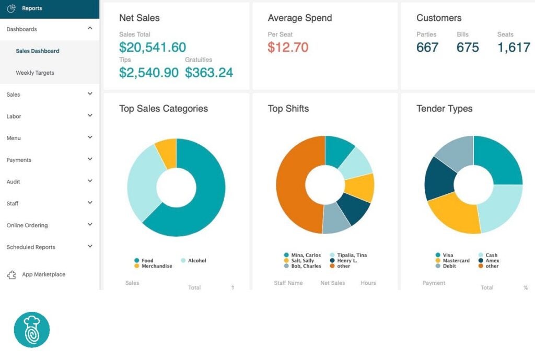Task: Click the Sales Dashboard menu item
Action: pyautogui.click(x=38, y=51)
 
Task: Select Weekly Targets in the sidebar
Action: pyautogui.click(x=35, y=73)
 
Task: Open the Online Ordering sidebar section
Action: pyautogui.click(x=27, y=225)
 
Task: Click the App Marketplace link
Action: pyautogui.click(x=43, y=274)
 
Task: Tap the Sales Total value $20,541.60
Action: pyautogui.click(x=153, y=48)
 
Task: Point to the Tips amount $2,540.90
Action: pyautogui.click(x=149, y=73)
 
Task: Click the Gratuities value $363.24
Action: pyautogui.click(x=209, y=73)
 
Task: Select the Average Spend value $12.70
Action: pyautogui.click(x=288, y=48)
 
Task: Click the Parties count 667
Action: pyautogui.click(x=427, y=48)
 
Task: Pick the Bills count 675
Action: pyautogui.click(x=468, y=48)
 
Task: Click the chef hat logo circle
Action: pyautogui.click(x=32, y=330)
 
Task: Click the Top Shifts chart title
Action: pyautogui.click(x=288, y=109)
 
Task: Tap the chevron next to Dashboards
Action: pyautogui.click(x=90, y=29)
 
